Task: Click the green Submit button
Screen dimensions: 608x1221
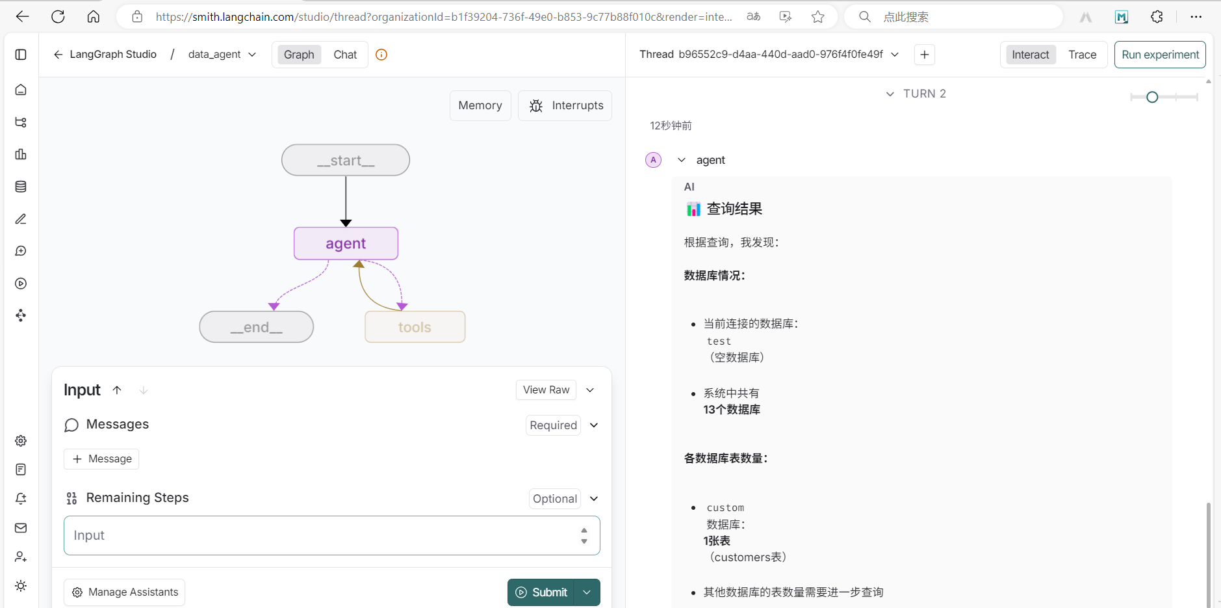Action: point(541,592)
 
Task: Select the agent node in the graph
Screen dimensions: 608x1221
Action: point(346,244)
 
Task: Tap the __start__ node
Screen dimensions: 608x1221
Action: point(346,160)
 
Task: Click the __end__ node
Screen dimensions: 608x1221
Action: point(256,327)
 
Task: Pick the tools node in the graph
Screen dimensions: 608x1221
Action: point(415,327)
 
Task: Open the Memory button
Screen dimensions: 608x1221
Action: point(480,105)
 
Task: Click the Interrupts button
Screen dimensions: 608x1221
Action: point(565,105)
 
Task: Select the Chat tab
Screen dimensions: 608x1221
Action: point(345,55)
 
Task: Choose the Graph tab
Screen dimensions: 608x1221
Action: point(299,55)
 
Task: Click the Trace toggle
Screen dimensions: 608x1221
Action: point(1082,55)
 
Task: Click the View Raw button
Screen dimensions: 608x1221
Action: point(546,390)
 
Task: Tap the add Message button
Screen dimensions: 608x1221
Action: point(101,459)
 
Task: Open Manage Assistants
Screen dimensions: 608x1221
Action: point(125,592)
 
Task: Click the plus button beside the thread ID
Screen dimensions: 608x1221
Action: point(924,55)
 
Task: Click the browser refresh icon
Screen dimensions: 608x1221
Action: point(58,17)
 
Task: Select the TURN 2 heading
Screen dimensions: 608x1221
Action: point(924,94)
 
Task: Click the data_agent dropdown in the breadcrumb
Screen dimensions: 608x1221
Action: point(222,55)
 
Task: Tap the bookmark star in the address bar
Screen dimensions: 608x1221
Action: point(817,17)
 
